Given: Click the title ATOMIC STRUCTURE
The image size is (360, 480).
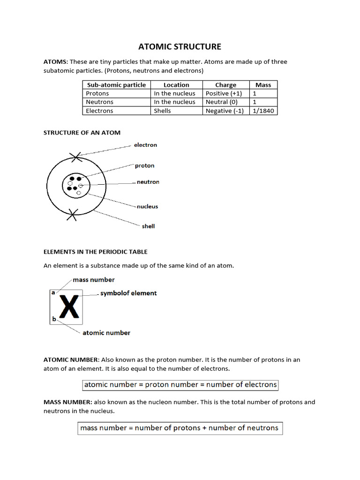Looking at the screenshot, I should tap(180, 46).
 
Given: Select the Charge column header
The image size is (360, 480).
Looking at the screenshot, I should tap(225, 85).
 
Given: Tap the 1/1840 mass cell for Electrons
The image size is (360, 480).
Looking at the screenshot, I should tap(263, 111).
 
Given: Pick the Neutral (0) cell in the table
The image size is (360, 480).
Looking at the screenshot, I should tap(221, 102).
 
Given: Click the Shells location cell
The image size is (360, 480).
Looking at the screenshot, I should tap(162, 111).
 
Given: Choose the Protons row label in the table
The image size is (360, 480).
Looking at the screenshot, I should tap(97, 93).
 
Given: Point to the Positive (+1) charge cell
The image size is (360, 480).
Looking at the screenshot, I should tap(224, 93).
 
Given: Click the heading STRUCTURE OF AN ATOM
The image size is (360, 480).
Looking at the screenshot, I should tap(82, 133).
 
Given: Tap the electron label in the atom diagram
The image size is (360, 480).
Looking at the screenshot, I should tap(145, 145).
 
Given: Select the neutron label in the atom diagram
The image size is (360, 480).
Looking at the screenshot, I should tap(148, 182).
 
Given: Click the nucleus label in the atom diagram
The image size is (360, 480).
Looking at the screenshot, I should tap(147, 206).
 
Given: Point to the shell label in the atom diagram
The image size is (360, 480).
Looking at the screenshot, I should tap(148, 226).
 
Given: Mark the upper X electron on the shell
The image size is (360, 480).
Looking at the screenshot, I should tap(75, 157).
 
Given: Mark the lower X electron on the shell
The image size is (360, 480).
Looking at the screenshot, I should tap(72, 215).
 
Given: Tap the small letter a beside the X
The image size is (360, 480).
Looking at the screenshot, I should tap(53, 292).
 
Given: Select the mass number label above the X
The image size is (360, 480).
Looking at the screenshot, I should tap(94, 280).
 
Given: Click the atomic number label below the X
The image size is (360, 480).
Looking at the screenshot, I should tap(106, 333).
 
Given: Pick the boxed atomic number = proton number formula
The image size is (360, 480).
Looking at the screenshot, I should tap(180, 385).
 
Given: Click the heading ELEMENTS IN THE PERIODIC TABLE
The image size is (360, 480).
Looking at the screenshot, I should tap(96, 252).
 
